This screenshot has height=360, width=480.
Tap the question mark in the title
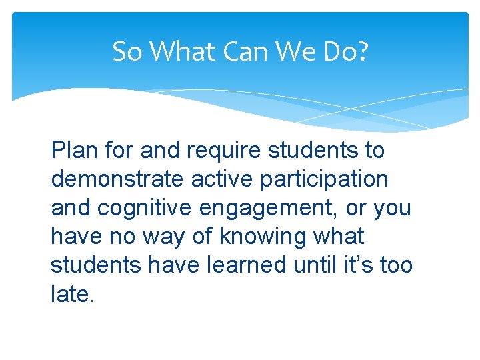362,51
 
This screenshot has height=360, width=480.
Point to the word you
392,208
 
